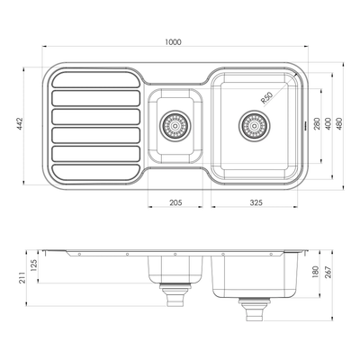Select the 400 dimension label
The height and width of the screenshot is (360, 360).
(x=329, y=121)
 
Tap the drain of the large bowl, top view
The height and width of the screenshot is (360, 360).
(x=253, y=125)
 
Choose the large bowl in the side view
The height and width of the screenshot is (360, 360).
(x=256, y=275)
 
